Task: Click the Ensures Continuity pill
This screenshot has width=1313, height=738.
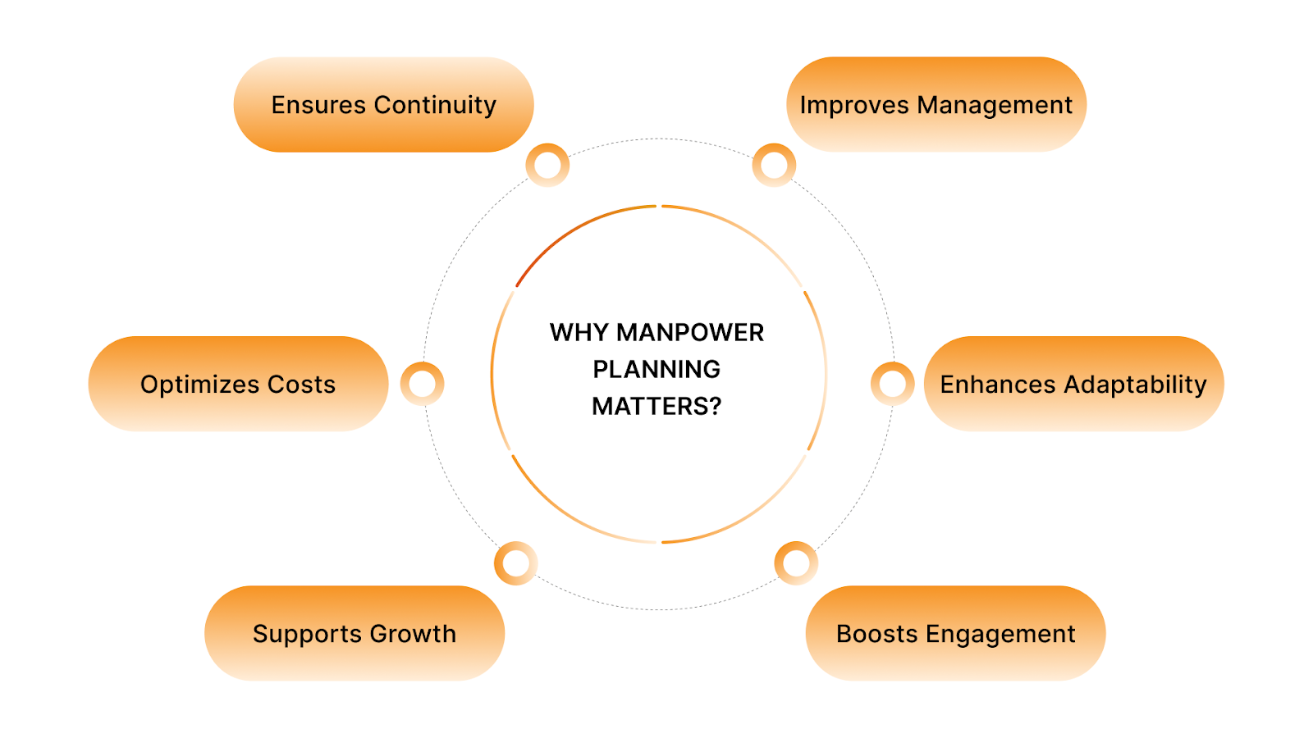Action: (383, 105)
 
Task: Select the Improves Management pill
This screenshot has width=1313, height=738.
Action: (936, 105)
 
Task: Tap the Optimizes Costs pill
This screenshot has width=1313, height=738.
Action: (238, 384)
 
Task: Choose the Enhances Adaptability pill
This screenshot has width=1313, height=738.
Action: (1073, 384)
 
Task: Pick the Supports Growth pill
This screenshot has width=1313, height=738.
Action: (355, 633)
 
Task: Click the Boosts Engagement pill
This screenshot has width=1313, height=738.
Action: (955, 633)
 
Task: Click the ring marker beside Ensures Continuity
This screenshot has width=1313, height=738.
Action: (547, 165)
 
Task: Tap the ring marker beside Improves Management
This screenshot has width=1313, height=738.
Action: (774, 165)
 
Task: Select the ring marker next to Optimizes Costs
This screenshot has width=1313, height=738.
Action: (422, 384)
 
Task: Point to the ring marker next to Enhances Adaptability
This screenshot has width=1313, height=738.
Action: (892, 384)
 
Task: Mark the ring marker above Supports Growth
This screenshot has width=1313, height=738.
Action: (515, 563)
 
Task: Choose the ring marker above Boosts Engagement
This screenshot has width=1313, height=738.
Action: (796, 563)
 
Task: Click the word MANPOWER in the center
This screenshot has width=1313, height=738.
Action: (690, 332)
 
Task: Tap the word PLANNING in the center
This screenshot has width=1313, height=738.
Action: (656, 369)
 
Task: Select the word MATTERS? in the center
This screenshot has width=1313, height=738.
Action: (656, 406)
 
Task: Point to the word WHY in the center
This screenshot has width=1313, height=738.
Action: (579, 332)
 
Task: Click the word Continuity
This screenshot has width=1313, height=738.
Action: (435, 105)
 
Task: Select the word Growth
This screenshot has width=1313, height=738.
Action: (413, 633)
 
